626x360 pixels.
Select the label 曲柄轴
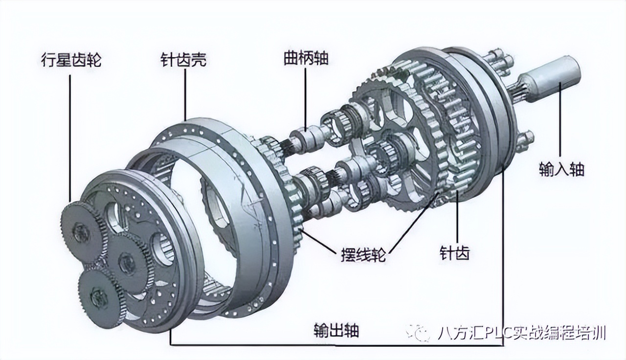[x=306, y=58]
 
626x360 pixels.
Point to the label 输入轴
[x=562, y=169]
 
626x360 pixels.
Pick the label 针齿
[x=455, y=253]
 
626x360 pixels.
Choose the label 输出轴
[x=336, y=330]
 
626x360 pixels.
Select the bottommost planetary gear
[x=99, y=295]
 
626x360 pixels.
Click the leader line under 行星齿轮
[x=70, y=137]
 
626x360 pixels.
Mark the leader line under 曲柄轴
[x=305, y=98]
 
